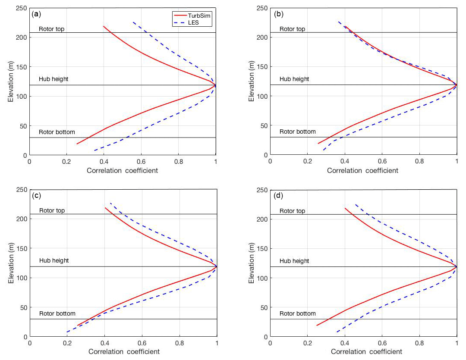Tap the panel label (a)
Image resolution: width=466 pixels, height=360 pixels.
point(36,13)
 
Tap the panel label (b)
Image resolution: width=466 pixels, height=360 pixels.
point(279,13)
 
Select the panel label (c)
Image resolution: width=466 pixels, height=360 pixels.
point(36,196)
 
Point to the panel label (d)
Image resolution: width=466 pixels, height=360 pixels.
point(279,196)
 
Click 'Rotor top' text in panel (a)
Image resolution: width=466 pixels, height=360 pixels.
point(51,29)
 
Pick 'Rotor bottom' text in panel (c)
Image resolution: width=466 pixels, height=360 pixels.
point(57,313)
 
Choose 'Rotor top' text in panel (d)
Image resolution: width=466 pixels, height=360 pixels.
point(293,211)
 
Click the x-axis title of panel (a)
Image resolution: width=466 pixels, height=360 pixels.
point(122,170)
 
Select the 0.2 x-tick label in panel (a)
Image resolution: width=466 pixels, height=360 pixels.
point(66,161)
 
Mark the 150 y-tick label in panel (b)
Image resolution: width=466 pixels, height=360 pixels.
point(261,67)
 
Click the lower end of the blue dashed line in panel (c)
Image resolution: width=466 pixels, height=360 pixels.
point(67,332)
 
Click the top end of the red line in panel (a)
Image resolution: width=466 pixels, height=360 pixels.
point(104,26)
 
